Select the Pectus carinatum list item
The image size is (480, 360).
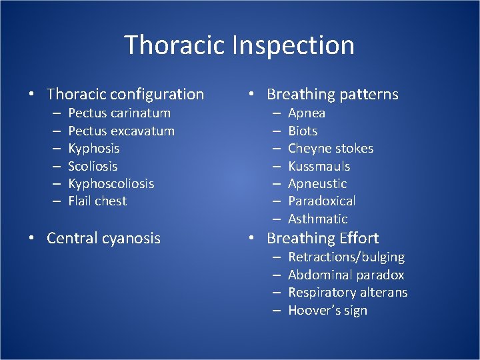coord(119,113)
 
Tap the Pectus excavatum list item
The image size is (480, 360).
coord(121,131)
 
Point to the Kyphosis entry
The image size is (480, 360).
coord(94,149)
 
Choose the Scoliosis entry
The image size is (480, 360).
coord(93,166)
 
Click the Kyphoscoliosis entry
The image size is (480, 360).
coord(111,183)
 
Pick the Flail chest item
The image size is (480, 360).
coord(97,201)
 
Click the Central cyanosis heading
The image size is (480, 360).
coord(103,238)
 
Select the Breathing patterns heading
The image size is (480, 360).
coord(332,95)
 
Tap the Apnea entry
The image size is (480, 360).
coord(307,113)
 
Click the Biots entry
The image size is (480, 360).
coord(303,131)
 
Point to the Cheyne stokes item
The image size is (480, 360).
coord(330,149)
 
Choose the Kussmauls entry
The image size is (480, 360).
coord(319,166)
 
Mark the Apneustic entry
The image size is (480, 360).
coord(317,183)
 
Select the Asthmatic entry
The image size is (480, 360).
coord(317,219)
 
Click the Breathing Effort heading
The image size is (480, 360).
coord(323,238)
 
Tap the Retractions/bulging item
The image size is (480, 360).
coord(346,257)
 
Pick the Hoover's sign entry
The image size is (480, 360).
coord(327,311)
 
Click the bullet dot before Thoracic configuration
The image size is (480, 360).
coord(32,95)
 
